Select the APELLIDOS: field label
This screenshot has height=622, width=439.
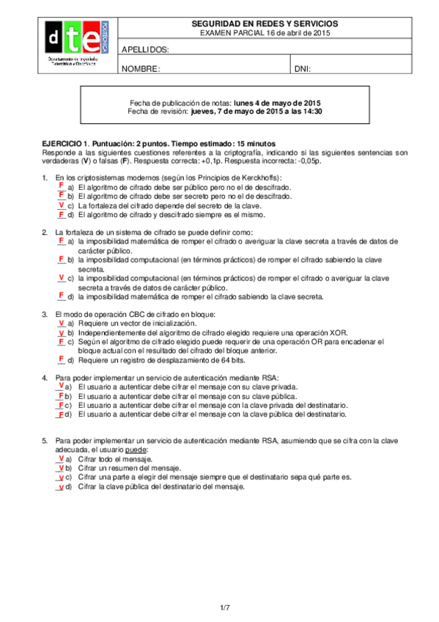[x=145, y=50]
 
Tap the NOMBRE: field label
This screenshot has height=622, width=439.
[x=140, y=69]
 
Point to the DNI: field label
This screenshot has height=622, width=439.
[x=303, y=69]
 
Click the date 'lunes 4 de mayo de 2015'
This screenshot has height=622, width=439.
[x=277, y=103]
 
